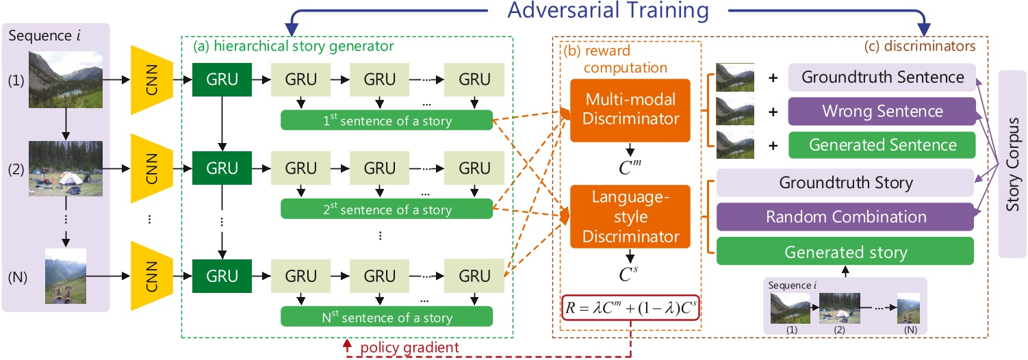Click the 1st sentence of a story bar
click(387, 121)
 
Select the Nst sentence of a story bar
click(387, 317)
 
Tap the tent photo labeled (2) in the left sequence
click(66, 166)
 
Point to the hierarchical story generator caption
click(294, 47)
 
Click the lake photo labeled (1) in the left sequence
click(66, 79)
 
